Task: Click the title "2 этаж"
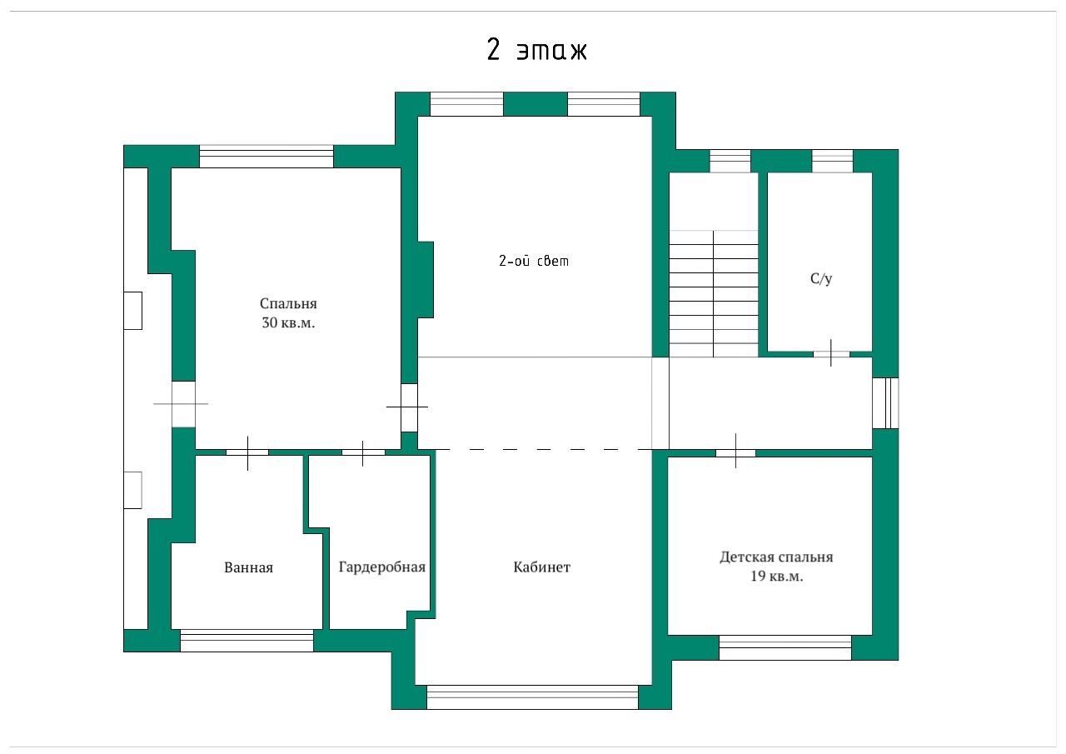537,49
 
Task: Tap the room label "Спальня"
288,304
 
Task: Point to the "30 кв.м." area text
288,322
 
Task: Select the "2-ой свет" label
534,261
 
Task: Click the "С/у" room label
821,278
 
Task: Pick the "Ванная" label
248,567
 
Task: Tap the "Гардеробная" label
381,567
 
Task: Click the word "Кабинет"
541,567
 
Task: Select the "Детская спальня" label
776,557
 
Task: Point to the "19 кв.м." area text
777,577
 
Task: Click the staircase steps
714,294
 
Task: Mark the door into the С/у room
831,354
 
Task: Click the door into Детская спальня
735,452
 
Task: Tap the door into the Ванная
247,452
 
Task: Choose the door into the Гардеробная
363,452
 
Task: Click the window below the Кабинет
532,697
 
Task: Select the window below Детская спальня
785,647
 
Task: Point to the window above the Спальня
266,157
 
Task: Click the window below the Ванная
247,641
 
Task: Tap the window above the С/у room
832,161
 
